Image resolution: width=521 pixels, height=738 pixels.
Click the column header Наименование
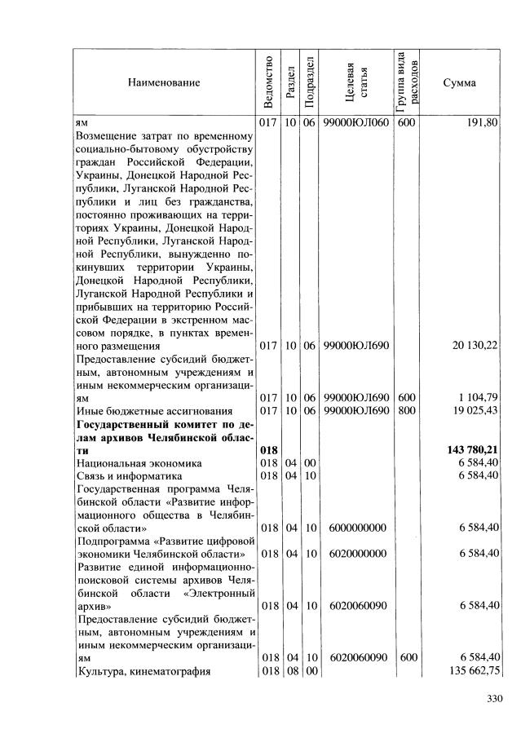coord(163,82)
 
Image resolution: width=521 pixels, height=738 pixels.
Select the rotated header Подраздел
coord(308,82)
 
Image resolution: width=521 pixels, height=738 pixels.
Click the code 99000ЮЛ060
coord(353,123)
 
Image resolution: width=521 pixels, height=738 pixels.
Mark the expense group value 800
coord(406,410)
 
